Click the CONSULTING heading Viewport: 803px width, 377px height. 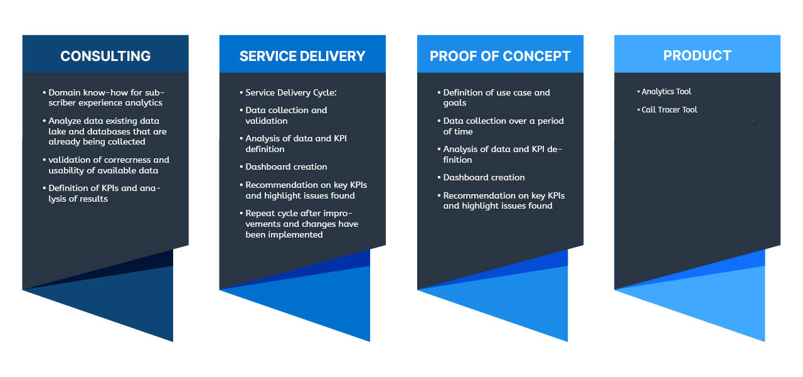click(x=105, y=56)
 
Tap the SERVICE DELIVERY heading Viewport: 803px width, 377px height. click(x=302, y=56)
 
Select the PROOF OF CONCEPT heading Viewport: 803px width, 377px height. click(x=500, y=56)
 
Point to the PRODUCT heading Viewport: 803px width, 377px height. click(x=697, y=56)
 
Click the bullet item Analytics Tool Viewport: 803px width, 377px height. click(x=666, y=92)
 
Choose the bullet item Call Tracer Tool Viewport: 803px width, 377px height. click(x=669, y=109)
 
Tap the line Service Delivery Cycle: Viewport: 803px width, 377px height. click(x=290, y=92)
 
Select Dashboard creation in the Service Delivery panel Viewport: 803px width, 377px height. click(x=286, y=167)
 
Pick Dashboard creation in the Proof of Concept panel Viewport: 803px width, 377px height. click(x=484, y=177)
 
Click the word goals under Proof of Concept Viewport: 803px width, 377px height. click(x=455, y=103)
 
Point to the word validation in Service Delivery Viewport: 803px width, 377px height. click(x=267, y=121)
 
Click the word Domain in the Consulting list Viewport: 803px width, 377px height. click(x=64, y=92)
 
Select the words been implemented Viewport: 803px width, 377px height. click(x=284, y=235)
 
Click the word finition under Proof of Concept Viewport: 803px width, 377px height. click(x=457, y=160)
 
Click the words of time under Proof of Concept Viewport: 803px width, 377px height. click(x=458, y=131)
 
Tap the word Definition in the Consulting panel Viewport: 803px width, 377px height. click(x=69, y=188)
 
